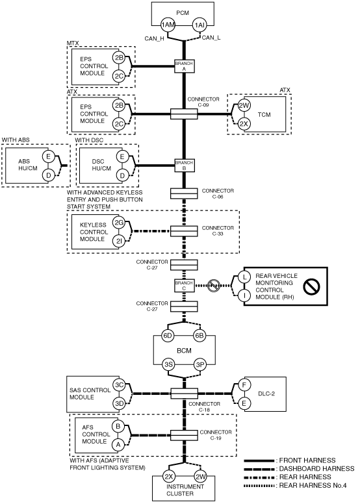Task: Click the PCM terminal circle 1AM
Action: pyautogui.click(x=168, y=25)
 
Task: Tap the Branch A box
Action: pyautogui.click(x=184, y=66)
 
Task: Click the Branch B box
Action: pyautogui.click(x=184, y=166)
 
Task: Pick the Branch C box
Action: pyautogui.click(x=184, y=286)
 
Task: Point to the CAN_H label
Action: pyautogui.click(x=155, y=39)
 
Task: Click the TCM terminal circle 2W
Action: pyautogui.click(x=244, y=105)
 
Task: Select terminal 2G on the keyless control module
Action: pyautogui.click(x=119, y=223)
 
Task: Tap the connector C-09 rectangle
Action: pyautogui.click(x=184, y=114)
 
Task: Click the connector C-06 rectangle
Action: pyautogui.click(x=184, y=194)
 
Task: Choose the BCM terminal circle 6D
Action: pyautogui.click(x=168, y=336)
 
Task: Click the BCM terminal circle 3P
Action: pyautogui.click(x=200, y=364)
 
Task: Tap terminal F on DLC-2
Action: pyautogui.click(x=244, y=385)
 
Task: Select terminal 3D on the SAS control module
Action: pyautogui.click(x=119, y=403)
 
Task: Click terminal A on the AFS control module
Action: pyautogui.click(x=118, y=444)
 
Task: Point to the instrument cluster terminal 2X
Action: pyautogui.click(x=168, y=477)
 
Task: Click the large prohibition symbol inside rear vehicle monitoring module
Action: pyautogui.click(x=311, y=286)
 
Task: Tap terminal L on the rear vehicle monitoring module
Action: pyautogui.click(x=245, y=277)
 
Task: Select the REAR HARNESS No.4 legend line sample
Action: pyautogui.click(x=259, y=486)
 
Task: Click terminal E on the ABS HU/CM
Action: pyautogui.click(x=48, y=157)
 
